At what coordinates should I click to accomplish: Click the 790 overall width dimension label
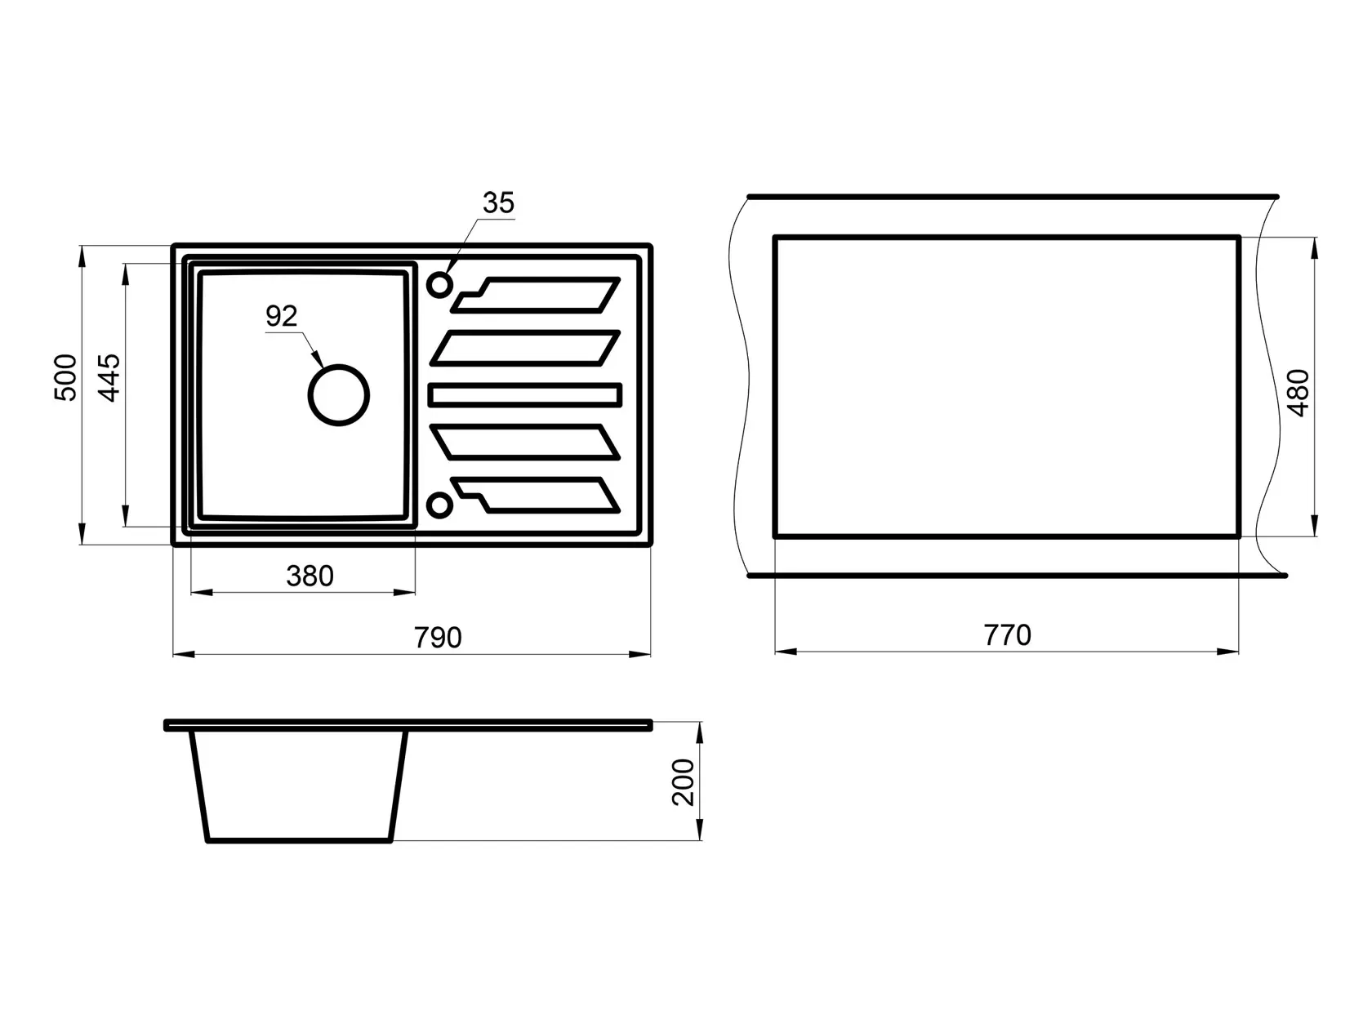438,638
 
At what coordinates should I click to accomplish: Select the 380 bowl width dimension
310,576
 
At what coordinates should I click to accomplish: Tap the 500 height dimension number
65,377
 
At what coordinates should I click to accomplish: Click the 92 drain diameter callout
281,316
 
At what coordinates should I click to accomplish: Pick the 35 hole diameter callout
498,202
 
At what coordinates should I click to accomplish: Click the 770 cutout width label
1007,635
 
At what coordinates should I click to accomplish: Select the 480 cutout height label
1298,393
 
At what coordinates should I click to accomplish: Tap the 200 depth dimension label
684,781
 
